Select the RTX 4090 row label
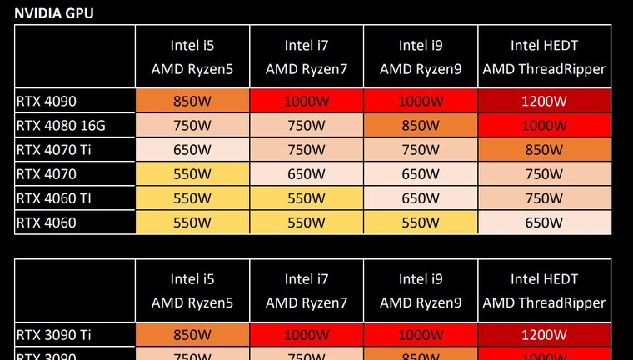coord(47,102)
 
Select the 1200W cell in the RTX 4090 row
coord(544,102)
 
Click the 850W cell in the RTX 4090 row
coord(192,102)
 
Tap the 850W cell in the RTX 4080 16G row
coord(421,126)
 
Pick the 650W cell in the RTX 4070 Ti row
coord(192,150)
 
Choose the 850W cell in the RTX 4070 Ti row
coord(544,150)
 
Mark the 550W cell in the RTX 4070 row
coord(192,174)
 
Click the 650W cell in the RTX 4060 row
coord(544,222)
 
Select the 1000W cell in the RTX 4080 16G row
coord(544,126)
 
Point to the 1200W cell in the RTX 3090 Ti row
coord(544,335)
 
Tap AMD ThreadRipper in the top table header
coord(544,69)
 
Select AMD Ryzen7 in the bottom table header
coord(306,302)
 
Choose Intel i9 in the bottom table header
coord(421,278)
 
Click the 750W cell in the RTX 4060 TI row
coord(544,198)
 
